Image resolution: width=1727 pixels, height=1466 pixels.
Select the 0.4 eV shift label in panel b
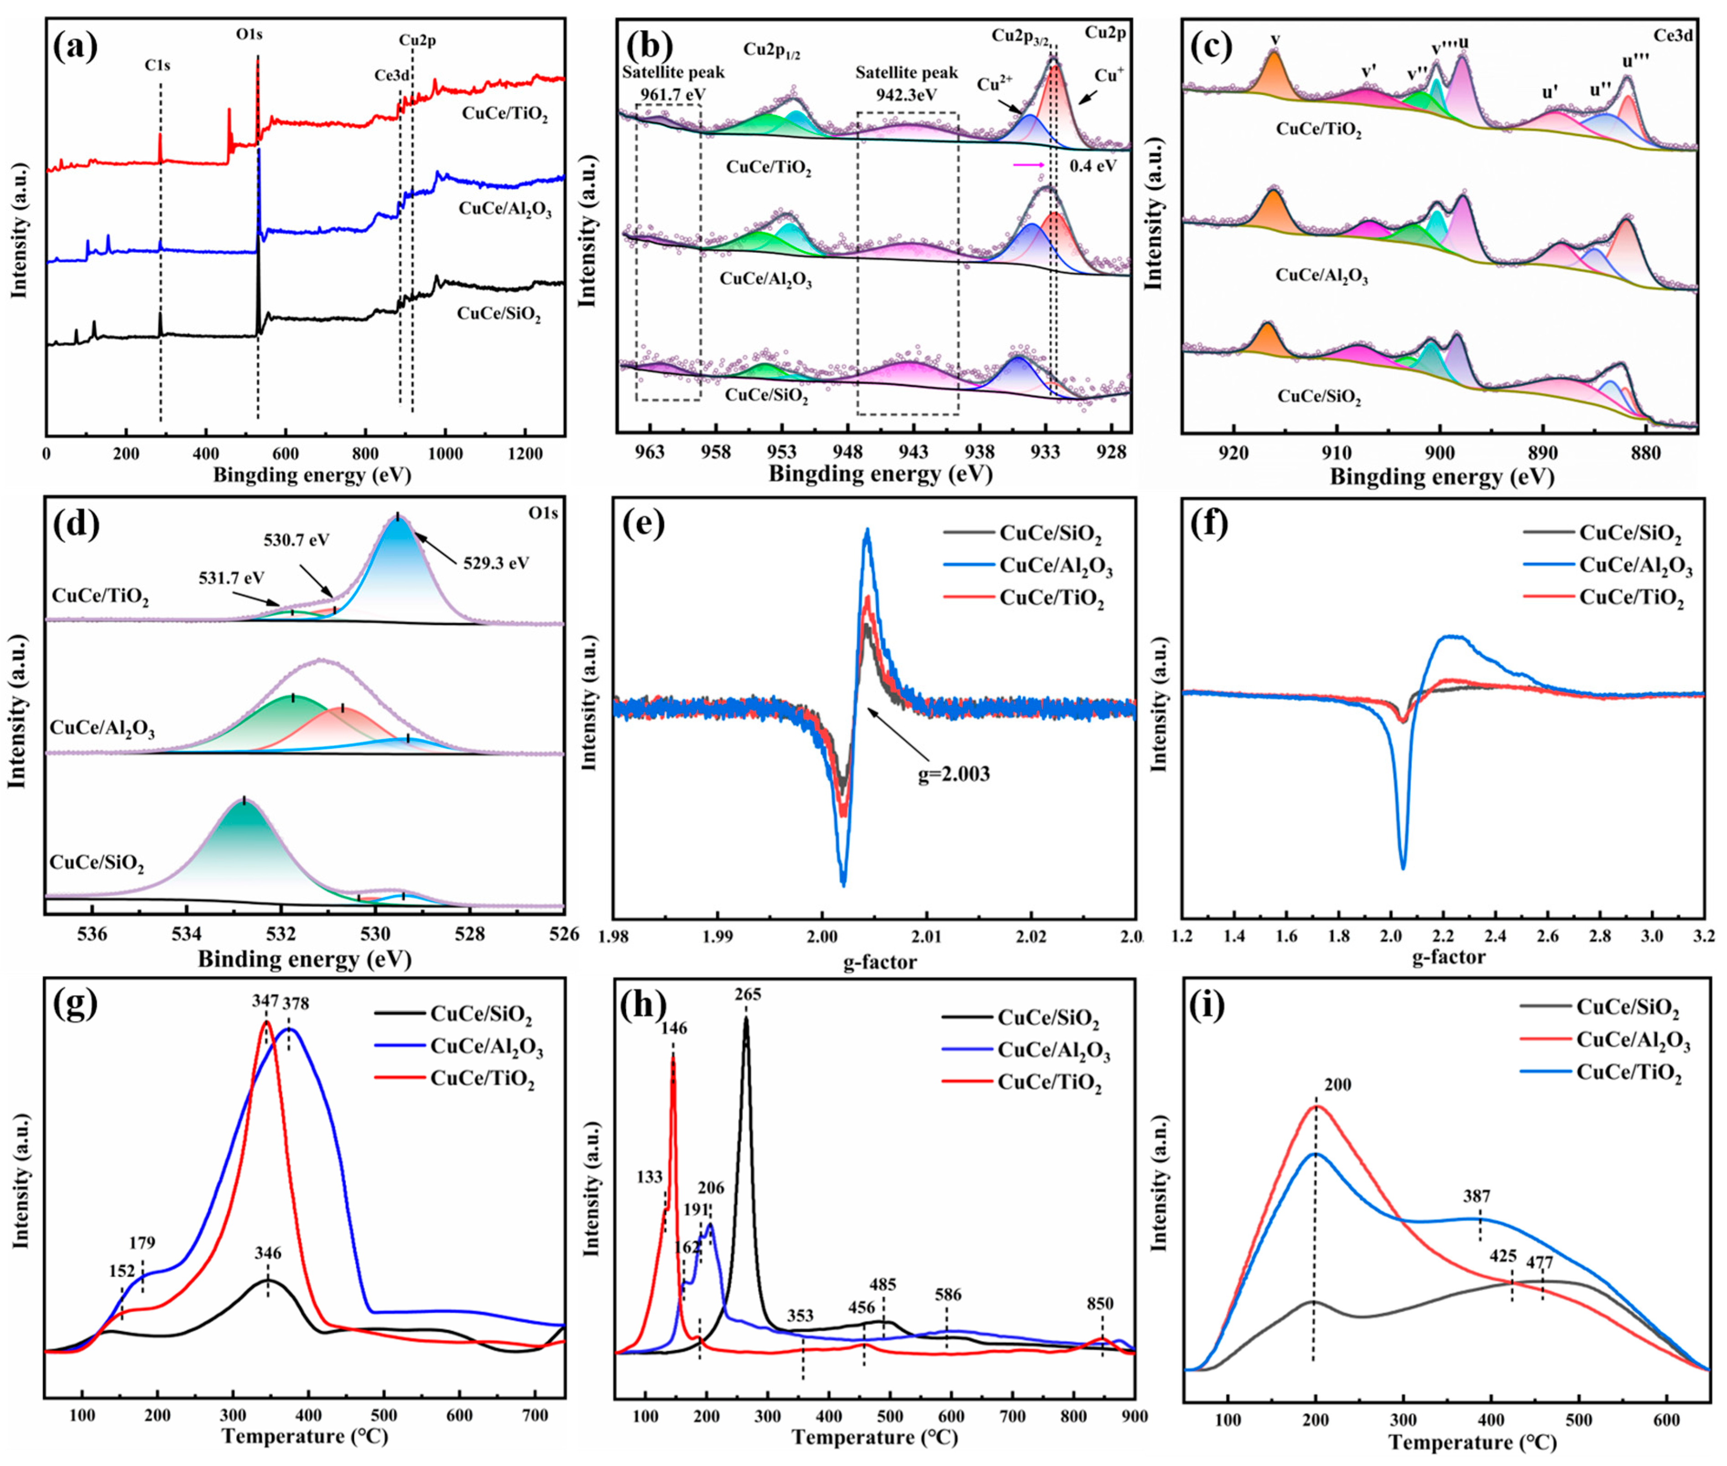click(x=1093, y=165)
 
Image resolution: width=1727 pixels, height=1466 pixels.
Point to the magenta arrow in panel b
click(x=1028, y=165)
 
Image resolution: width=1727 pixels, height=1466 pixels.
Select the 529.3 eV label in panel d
click(x=496, y=563)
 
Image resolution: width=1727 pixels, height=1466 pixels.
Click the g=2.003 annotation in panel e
click(x=954, y=775)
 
